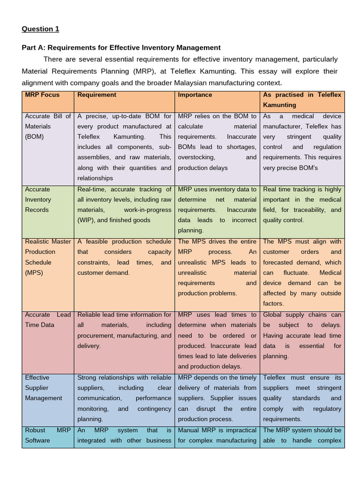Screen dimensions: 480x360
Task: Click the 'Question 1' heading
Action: [x=41, y=29]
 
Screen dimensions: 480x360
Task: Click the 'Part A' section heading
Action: [x=121, y=47]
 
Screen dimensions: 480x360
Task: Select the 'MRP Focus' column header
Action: [x=42, y=95]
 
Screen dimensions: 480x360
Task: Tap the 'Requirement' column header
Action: [x=97, y=95]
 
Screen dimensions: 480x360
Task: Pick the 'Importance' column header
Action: [x=195, y=95]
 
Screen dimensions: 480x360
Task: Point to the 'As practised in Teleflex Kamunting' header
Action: [x=302, y=100]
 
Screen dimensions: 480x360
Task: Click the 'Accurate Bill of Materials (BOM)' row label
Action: [x=48, y=126]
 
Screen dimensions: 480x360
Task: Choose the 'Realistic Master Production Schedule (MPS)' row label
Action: [x=48, y=257]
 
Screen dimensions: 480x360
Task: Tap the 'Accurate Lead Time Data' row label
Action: [x=48, y=320]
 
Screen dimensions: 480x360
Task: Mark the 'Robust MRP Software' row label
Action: [x=48, y=435]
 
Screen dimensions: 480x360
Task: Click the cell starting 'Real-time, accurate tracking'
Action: [x=124, y=205]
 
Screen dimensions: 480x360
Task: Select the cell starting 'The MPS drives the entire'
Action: [x=217, y=267]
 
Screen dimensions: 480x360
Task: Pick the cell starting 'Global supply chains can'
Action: [x=302, y=335]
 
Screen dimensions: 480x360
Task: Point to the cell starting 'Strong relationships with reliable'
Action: [x=124, y=398]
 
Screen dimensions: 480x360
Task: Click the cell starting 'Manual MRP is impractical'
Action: [x=217, y=435]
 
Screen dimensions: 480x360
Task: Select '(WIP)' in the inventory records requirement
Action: [x=88, y=220]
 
